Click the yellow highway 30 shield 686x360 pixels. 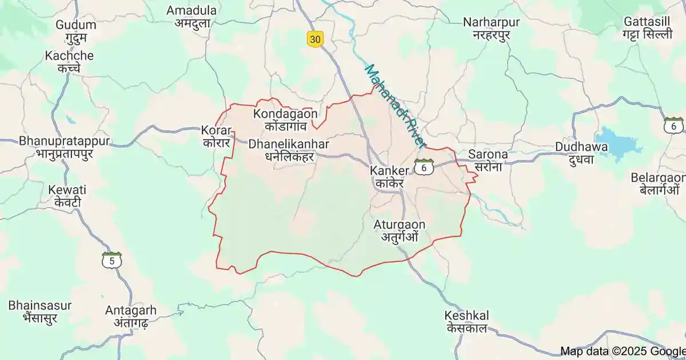click(x=314, y=39)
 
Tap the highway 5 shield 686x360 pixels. click(x=111, y=261)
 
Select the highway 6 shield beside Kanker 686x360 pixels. click(x=424, y=168)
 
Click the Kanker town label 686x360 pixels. click(x=389, y=177)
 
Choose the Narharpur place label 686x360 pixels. click(x=492, y=28)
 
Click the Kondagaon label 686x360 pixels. click(x=285, y=119)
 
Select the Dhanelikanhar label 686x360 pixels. click(x=289, y=150)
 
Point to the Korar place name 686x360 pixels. click(x=216, y=136)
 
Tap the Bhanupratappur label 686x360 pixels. click(x=64, y=146)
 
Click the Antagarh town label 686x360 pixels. click(x=130, y=316)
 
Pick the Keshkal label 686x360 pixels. click(x=466, y=322)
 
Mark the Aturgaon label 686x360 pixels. click(x=400, y=230)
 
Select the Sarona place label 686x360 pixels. click(x=488, y=160)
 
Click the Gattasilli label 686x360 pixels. click(x=647, y=27)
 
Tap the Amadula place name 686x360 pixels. click(x=192, y=17)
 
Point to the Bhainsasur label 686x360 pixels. click(x=40, y=311)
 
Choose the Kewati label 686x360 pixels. click(x=67, y=195)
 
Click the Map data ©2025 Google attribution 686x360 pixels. click(x=622, y=351)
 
